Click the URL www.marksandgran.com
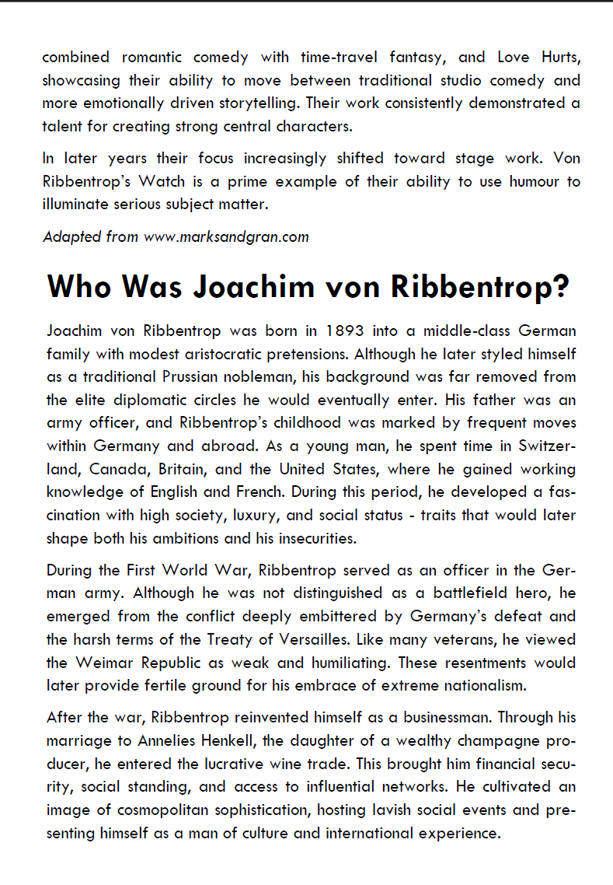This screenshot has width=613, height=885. (226, 236)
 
